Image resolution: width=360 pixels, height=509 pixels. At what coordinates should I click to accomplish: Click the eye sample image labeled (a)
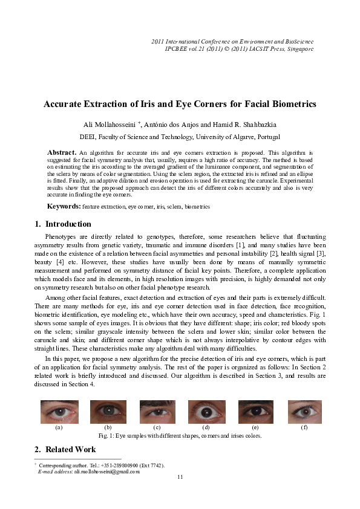(59, 412)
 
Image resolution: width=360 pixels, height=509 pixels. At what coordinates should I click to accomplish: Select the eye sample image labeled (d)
(206, 412)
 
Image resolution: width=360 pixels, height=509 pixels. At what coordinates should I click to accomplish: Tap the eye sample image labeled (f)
(304, 412)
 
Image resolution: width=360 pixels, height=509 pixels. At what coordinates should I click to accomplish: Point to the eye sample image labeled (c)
(157, 412)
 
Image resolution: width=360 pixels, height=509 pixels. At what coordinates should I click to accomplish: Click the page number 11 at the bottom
(180, 477)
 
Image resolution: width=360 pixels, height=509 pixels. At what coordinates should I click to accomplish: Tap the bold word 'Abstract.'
(62, 152)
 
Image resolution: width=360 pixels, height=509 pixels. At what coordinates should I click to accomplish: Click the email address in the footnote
(106, 471)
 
